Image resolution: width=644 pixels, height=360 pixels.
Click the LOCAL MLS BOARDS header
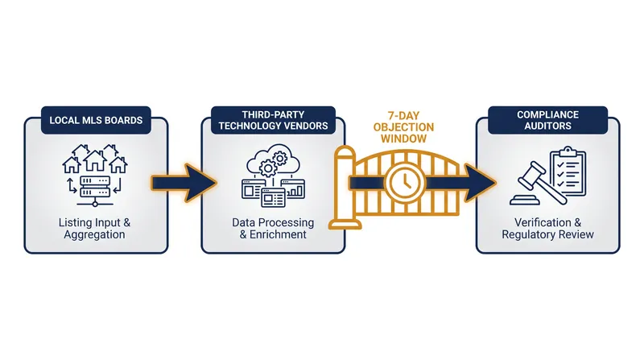pos(96,120)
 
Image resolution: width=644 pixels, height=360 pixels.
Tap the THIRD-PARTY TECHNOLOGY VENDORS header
pos(273,120)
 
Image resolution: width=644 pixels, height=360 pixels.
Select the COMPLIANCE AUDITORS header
pos(547,120)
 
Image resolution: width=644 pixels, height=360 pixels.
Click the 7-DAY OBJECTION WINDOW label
pos(403,127)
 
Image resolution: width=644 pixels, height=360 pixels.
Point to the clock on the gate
pos(404,181)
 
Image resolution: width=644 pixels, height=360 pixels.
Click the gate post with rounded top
pos(345,188)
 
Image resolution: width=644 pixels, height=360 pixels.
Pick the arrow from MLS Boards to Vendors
pos(184,183)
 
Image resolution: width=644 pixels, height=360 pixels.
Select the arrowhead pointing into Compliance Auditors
pos(480,183)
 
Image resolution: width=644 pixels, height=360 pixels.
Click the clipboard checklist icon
pos(568,172)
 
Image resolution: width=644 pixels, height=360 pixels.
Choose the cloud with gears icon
pos(273,161)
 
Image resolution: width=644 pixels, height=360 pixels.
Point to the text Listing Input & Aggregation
pos(94,229)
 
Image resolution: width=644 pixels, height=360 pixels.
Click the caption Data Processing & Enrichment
pos(273,229)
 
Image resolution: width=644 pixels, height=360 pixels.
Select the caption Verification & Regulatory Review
pos(548,229)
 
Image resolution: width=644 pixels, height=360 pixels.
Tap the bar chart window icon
pos(293,189)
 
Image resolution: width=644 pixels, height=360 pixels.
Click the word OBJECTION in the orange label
pos(403,127)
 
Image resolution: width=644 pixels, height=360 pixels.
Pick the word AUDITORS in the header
pos(547,126)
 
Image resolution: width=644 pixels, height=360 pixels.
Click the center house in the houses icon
pos(95,161)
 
